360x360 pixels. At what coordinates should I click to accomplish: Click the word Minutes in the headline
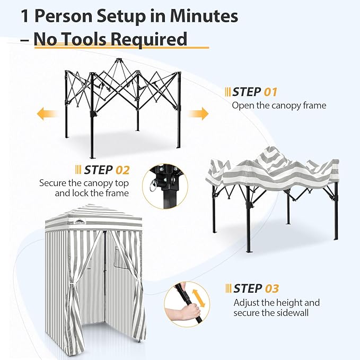(x=204, y=16)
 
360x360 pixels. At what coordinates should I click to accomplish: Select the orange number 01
(x=270, y=92)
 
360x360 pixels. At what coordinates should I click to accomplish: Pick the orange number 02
(x=122, y=170)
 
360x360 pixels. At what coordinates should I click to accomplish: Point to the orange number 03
(x=272, y=288)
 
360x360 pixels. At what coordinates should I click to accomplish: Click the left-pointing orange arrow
(x=47, y=113)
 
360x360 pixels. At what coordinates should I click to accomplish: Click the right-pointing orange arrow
(x=198, y=113)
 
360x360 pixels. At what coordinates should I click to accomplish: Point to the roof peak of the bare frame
(x=118, y=60)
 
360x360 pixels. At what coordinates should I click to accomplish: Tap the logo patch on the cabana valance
(x=80, y=221)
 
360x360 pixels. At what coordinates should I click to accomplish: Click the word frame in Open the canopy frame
(x=314, y=106)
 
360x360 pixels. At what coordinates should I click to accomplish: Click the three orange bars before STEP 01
(x=228, y=92)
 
